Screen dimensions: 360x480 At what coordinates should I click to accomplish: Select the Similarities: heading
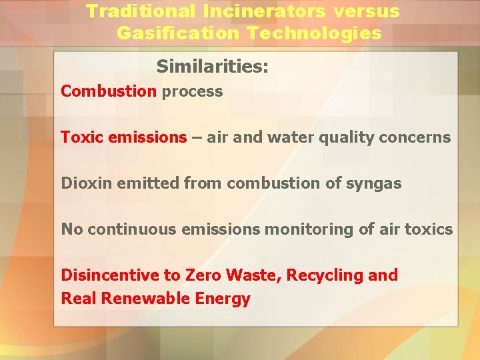coord(212,67)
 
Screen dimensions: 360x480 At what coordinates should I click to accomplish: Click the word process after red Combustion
coord(192,91)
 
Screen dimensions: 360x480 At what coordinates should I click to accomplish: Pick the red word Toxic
coord(82,137)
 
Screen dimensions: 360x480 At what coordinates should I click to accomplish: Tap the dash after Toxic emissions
coord(197,137)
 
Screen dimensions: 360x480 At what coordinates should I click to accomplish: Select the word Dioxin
coord(87,183)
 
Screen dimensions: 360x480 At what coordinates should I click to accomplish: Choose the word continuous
coord(133,229)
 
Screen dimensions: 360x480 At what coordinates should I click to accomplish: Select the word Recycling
coord(323,275)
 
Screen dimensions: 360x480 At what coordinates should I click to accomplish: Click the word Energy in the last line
coord(223,299)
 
